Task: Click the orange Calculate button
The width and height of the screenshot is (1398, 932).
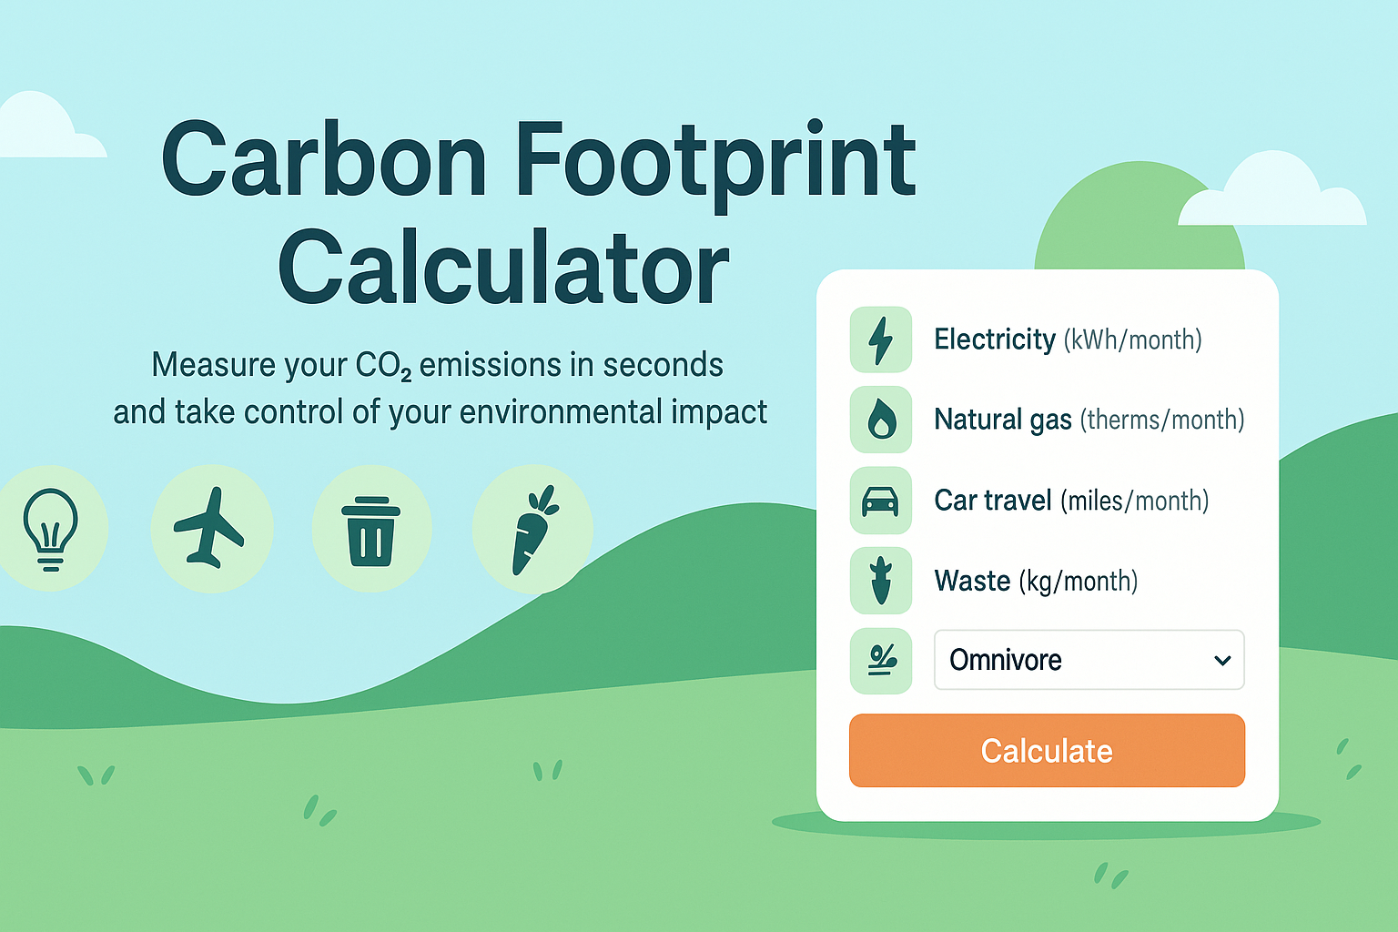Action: click(1047, 750)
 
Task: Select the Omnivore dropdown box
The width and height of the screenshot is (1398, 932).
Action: click(1089, 660)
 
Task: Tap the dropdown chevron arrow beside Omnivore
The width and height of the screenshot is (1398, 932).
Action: click(1222, 661)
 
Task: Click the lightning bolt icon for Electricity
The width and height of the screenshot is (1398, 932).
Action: click(881, 340)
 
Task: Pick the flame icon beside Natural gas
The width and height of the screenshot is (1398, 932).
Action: click(881, 419)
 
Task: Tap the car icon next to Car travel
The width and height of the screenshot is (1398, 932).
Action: click(880, 501)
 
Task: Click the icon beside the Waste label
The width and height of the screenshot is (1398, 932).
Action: click(881, 581)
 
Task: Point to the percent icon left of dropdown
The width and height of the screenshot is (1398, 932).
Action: click(882, 661)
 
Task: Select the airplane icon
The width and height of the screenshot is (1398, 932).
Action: click(209, 528)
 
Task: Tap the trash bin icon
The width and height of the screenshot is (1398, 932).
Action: click(370, 532)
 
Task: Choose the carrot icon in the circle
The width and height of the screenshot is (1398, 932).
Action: click(534, 530)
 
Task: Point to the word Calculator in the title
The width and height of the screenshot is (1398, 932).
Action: click(503, 268)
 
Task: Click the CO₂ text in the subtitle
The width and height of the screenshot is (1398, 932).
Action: click(383, 366)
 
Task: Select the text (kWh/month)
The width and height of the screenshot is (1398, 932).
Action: click(1133, 340)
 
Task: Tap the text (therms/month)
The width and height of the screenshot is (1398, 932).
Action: click(1162, 420)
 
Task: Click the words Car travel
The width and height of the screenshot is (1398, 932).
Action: click(993, 500)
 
